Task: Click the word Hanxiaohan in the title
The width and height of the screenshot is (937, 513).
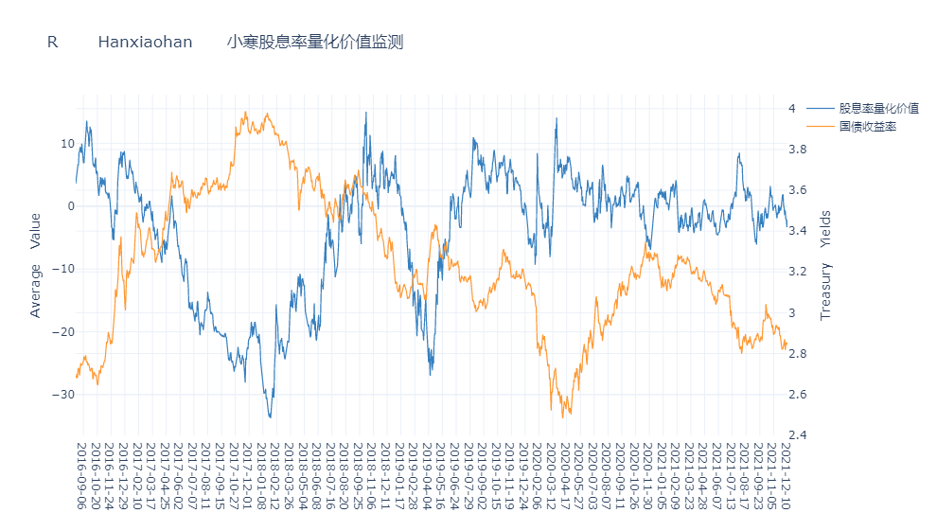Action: [145, 43]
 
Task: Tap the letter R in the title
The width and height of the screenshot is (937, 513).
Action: [52, 43]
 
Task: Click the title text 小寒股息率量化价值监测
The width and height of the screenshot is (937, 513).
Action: [315, 43]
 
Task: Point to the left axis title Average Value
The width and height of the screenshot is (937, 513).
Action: [36, 265]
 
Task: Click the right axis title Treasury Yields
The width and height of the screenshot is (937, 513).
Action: [825, 265]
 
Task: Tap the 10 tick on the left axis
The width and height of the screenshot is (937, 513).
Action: [67, 144]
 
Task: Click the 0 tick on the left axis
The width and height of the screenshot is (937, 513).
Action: [70, 206]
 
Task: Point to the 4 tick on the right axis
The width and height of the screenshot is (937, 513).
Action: [791, 109]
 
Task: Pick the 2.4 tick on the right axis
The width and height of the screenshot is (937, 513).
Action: [797, 435]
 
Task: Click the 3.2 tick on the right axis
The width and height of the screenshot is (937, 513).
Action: [797, 272]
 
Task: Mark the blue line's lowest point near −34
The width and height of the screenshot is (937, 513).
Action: [270, 417]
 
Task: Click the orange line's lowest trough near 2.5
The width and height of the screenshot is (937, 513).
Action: [563, 417]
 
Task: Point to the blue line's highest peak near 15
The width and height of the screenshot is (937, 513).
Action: [366, 113]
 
